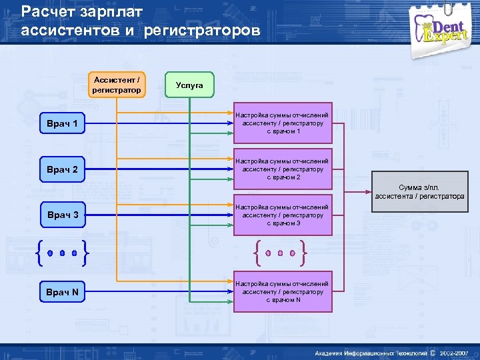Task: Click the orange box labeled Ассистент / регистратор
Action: [117, 85]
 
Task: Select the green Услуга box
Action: [189, 85]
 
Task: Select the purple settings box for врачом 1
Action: [283, 124]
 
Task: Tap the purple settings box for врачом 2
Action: [283, 169]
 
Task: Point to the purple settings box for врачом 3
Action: [283, 215]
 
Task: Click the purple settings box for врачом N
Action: [283, 293]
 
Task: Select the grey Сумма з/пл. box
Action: [419, 193]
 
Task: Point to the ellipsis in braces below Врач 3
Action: [62, 253]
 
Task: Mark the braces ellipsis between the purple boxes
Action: [281, 253]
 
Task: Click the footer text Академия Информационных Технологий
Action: [371, 352]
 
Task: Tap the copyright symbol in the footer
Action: [433, 352]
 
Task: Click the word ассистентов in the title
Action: [66, 31]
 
